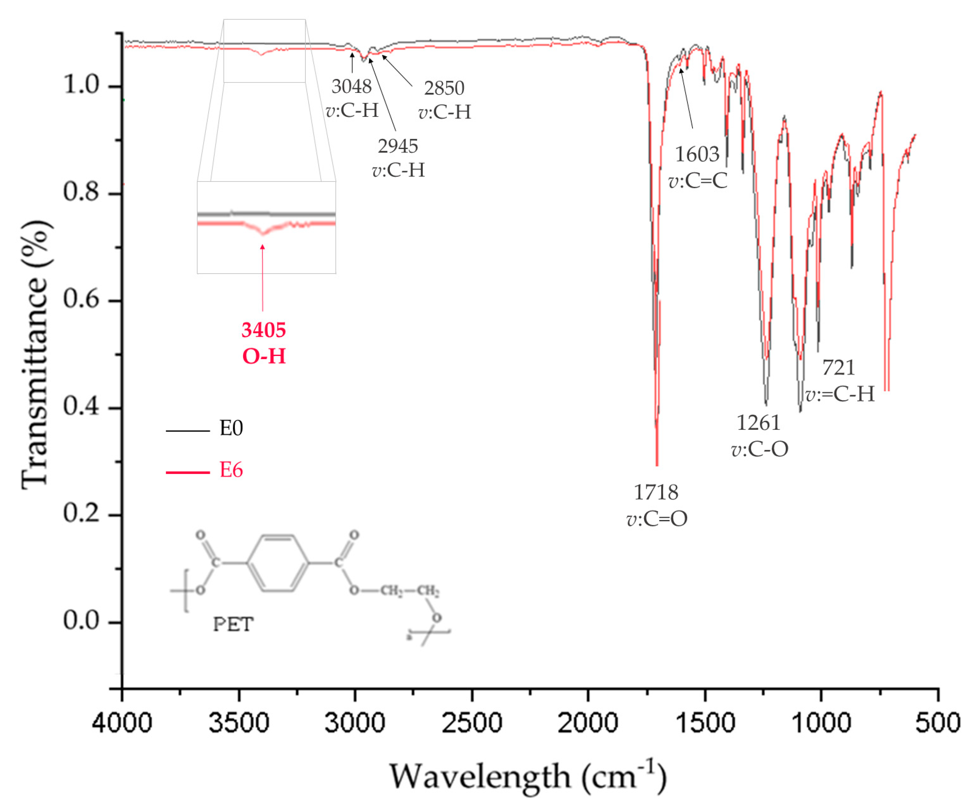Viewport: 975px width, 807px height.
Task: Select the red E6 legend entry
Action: pos(231,470)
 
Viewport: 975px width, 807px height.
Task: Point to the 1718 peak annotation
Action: pos(656,492)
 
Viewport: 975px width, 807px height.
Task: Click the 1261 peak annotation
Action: pos(758,423)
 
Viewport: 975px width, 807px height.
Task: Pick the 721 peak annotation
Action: pos(838,368)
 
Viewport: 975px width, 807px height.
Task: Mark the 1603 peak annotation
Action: pos(697,155)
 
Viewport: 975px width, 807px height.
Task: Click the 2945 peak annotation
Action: pos(398,146)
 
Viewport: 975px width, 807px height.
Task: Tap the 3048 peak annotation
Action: pos(351,86)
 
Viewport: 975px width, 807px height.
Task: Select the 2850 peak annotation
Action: pos(444,88)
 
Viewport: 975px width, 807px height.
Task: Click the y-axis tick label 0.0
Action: pos(82,621)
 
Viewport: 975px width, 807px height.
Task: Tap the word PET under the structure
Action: pos(233,624)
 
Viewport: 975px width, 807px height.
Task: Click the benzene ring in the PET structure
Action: pos(277,563)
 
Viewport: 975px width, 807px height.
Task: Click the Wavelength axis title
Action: pos(528,776)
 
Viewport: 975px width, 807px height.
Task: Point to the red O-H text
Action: pos(264,356)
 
